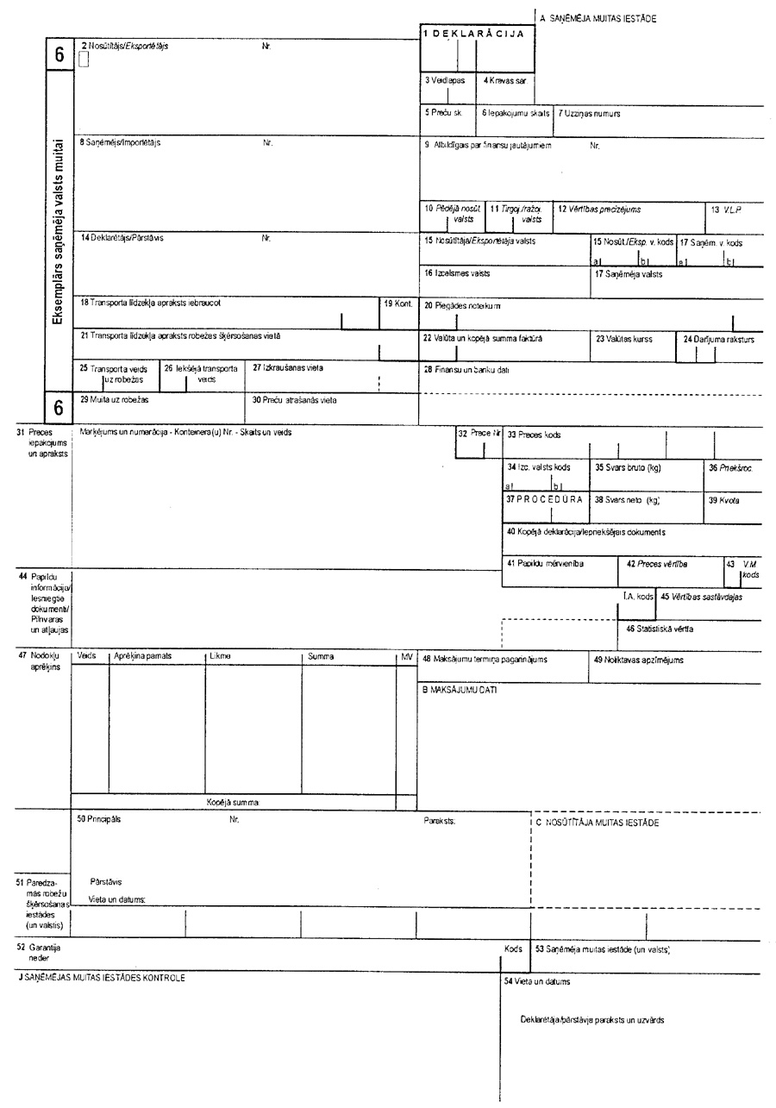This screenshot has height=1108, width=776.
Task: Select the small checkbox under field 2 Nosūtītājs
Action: click(84, 59)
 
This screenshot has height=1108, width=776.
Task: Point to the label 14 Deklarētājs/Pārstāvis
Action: click(122, 238)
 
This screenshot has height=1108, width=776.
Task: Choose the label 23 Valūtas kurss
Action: click(623, 339)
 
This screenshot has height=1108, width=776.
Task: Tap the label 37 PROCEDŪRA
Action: click(544, 499)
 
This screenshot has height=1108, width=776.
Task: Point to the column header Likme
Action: click(220, 656)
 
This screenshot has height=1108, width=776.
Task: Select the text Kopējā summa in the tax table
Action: click(232, 802)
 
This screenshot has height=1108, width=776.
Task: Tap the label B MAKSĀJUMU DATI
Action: click(460, 690)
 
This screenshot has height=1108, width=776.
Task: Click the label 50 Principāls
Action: click(99, 820)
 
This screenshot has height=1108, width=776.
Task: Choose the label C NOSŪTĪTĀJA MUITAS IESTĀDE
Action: click(597, 823)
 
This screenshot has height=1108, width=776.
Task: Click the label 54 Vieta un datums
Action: click(536, 981)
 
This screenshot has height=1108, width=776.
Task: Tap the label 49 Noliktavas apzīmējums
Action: click(638, 660)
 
